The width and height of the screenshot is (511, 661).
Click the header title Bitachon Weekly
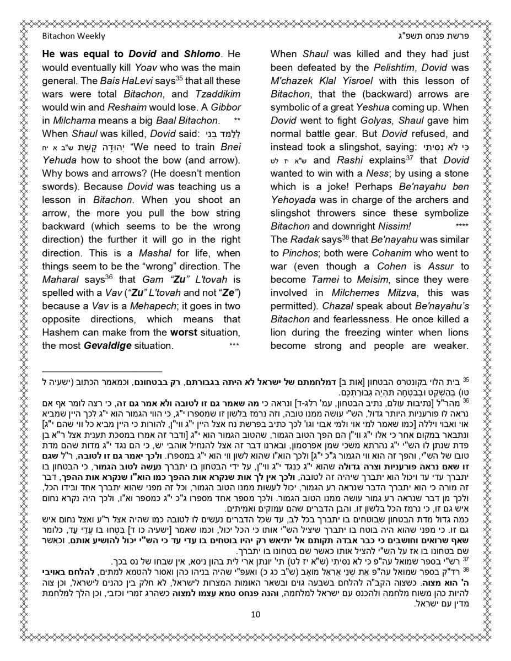pos(73,36)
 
